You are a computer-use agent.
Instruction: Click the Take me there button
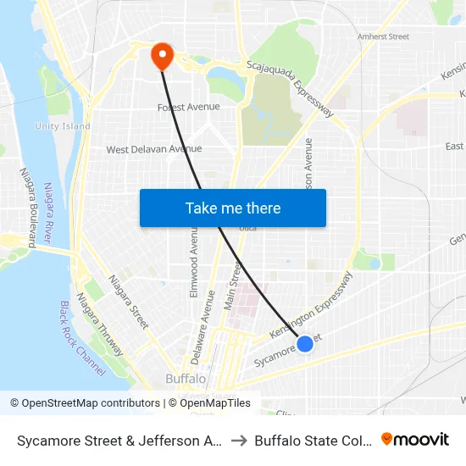pos(232,208)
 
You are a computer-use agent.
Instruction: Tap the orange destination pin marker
pos(161,56)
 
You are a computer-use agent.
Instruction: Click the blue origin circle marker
pos(305,343)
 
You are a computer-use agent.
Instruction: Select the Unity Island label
pos(63,126)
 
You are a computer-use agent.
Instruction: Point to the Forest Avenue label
pos(189,107)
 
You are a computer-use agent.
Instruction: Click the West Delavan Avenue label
pos(153,149)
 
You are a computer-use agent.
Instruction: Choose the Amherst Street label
pos(383,37)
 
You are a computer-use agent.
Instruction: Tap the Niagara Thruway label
pos(100,325)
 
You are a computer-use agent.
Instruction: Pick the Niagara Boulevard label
pos(28,207)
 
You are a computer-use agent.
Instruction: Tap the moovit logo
pos(414,439)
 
